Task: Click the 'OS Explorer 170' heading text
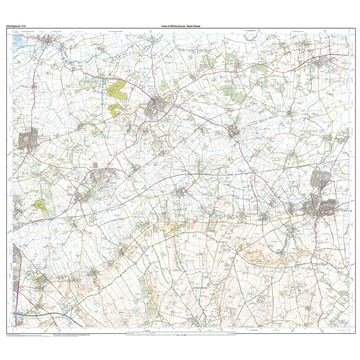click(x=15, y=26)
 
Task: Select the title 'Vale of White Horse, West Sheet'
click(x=181, y=26)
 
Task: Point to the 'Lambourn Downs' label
click(x=200, y=288)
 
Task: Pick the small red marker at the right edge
click(x=352, y=211)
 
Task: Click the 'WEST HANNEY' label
click(x=311, y=144)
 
